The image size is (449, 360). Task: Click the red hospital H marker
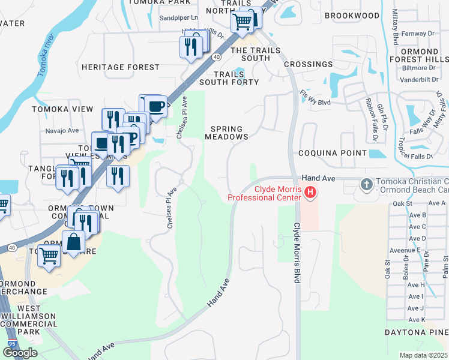(x=310, y=193)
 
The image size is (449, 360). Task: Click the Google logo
(x=20, y=353)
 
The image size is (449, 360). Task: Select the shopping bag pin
(x=73, y=242)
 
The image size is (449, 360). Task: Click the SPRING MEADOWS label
(x=227, y=133)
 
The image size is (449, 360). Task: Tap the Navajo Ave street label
(x=62, y=130)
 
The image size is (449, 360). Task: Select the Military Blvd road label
(x=395, y=27)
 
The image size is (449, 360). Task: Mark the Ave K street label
(x=417, y=319)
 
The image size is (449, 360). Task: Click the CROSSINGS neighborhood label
(x=308, y=64)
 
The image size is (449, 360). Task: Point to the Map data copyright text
(x=423, y=355)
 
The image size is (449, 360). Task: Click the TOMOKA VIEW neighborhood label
(x=63, y=109)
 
